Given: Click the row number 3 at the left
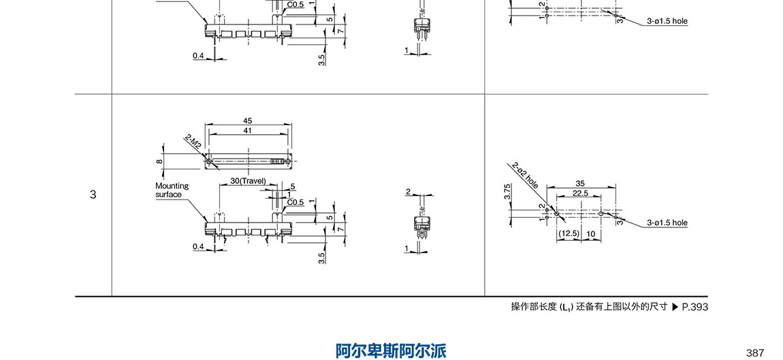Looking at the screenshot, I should click(93, 195).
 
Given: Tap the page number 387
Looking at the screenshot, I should click(755, 353).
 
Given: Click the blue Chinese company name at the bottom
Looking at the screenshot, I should click(391, 350).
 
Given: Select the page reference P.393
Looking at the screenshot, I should click(695, 307).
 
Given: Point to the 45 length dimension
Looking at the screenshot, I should click(247, 121).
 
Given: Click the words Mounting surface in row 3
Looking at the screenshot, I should click(172, 190).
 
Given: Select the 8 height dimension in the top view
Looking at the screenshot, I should click(159, 161).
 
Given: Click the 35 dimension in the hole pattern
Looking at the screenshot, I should click(580, 183).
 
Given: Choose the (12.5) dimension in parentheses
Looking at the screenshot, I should click(568, 233).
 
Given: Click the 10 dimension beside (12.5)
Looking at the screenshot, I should click(591, 233).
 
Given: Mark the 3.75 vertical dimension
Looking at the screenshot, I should click(508, 192).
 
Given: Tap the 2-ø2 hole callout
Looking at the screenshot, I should click(525, 175).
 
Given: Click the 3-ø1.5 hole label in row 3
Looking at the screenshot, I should click(667, 223).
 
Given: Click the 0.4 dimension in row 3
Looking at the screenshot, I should click(198, 246).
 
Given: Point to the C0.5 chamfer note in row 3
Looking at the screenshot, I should click(295, 202).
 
